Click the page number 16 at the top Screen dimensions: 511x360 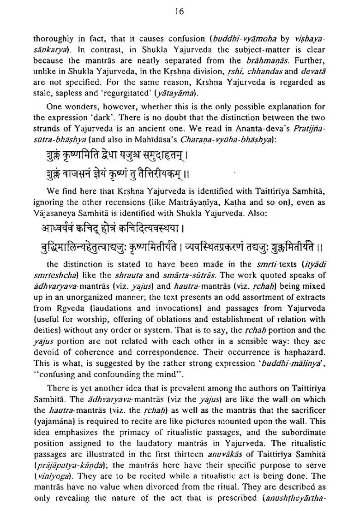[x=180, y=12]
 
